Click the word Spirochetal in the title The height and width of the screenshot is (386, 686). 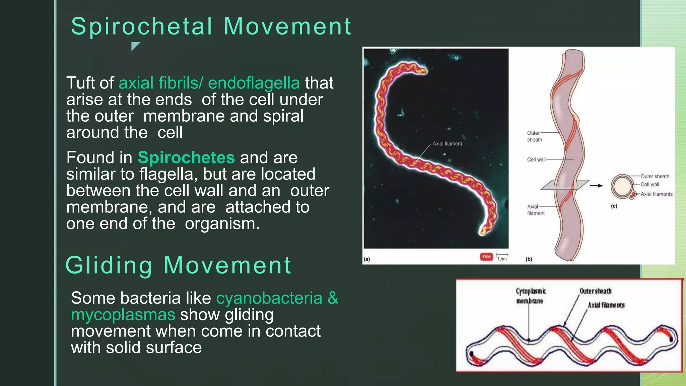[x=142, y=27]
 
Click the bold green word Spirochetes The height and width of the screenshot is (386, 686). [x=186, y=157]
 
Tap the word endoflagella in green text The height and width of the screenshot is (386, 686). [x=254, y=83]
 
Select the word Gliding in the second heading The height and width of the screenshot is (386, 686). [x=109, y=265]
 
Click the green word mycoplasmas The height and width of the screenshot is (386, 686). [x=123, y=315]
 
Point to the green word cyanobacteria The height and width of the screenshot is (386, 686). [x=269, y=298]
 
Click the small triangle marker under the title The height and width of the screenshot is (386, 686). [x=135, y=46]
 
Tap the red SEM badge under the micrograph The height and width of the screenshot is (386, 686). [x=486, y=257]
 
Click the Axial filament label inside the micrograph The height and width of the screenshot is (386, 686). [x=447, y=144]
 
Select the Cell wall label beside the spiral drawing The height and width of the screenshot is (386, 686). [x=536, y=159]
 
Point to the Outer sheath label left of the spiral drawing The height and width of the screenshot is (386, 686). [x=534, y=136]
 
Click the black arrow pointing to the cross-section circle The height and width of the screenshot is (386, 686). [x=596, y=185]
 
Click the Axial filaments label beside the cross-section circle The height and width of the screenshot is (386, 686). [x=656, y=194]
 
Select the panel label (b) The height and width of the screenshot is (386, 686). [x=529, y=259]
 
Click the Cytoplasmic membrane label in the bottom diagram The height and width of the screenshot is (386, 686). [x=530, y=296]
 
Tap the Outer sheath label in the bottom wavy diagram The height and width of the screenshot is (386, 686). [x=596, y=291]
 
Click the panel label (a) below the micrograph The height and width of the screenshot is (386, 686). [x=367, y=259]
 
